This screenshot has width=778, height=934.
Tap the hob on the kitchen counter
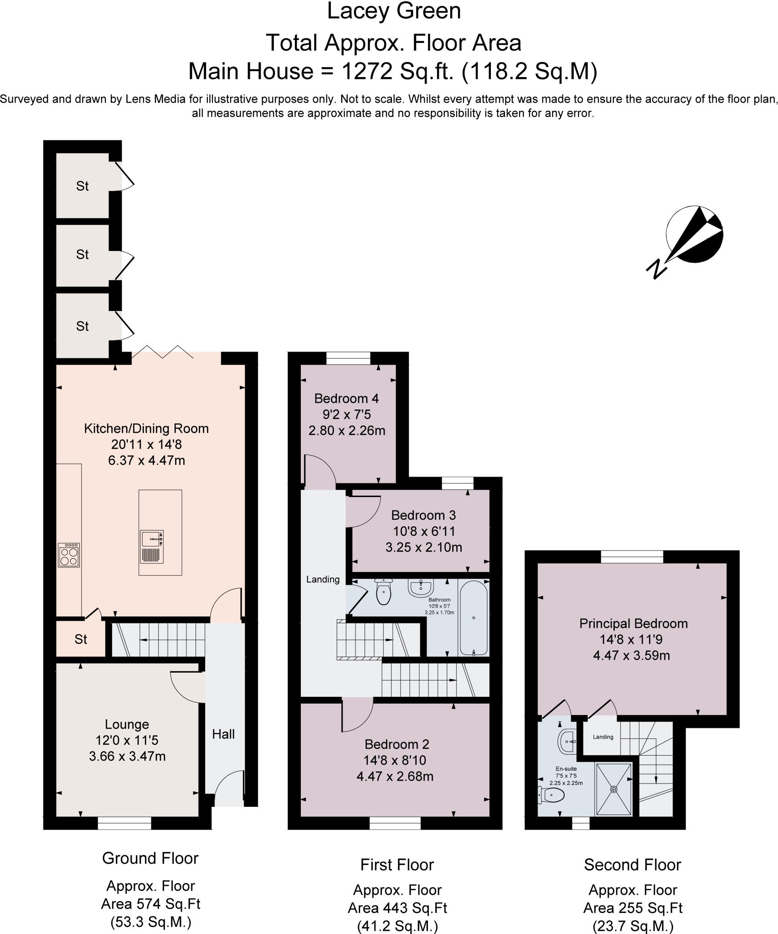[x=69, y=555]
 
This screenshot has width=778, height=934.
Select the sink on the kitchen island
[x=152, y=540]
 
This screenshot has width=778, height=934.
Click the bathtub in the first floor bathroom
[x=474, y=618]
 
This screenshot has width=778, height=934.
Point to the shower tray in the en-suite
[x=614, y=789]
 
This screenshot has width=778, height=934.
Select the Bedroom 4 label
[x=346, y=399]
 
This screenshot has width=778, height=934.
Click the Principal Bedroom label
[x=633, y=624]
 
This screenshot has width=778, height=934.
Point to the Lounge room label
[x=127, y=724]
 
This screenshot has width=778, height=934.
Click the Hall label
[x=223, y=734]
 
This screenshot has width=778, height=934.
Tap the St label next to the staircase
[x=81, y=640]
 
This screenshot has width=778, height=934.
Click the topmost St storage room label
[x=82, y=186]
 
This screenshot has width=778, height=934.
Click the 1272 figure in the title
[x=366, y=71]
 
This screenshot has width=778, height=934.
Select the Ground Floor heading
[x=150, y=858]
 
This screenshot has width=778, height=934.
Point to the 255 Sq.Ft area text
[x=633, y=908]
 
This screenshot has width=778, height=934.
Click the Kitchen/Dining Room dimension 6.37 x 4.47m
[x=146, y=461]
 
